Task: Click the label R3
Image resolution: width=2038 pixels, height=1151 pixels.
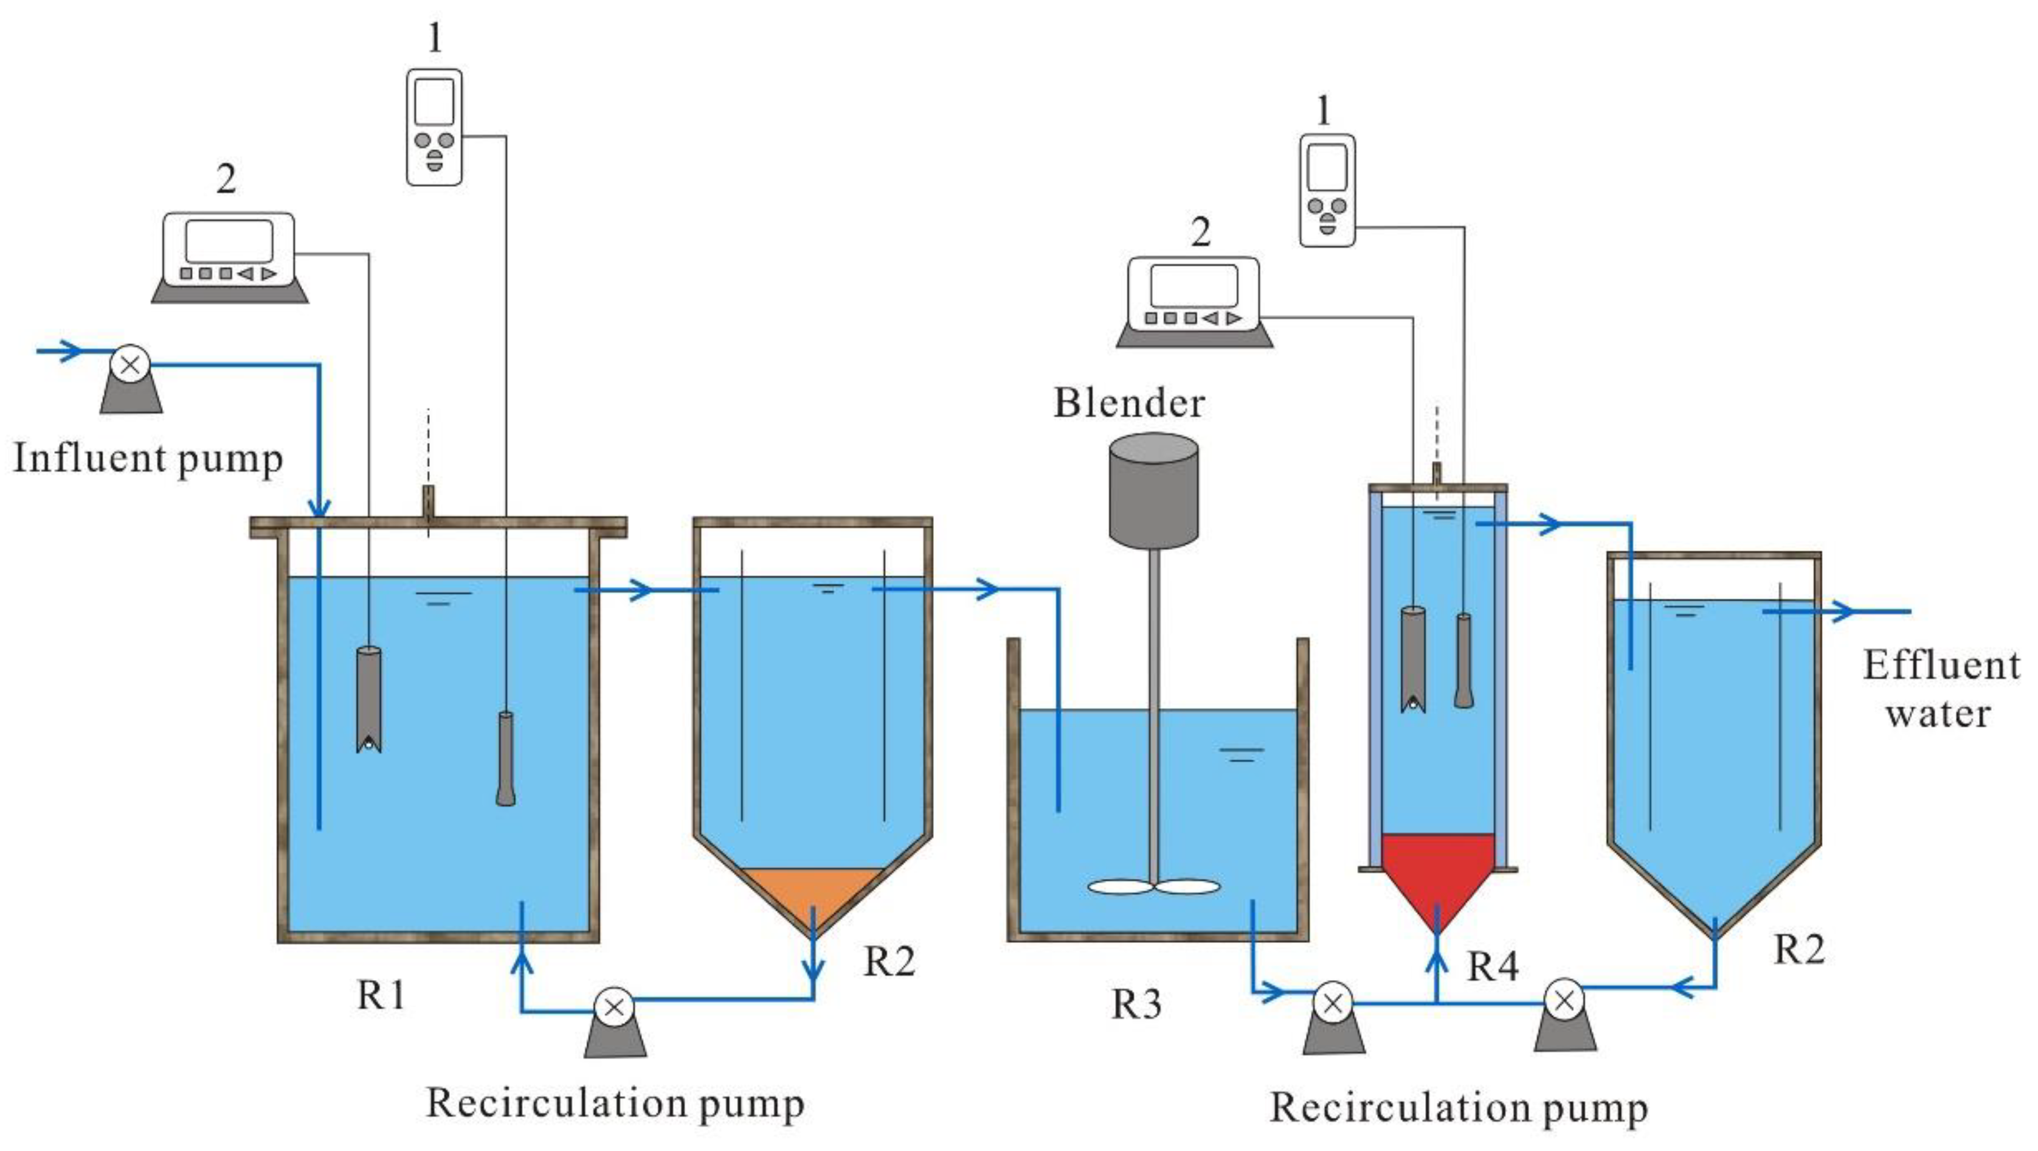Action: pyautogui.click(x=1136, y=1004)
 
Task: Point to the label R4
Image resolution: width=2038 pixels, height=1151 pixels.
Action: pyautogui.click(x=1492, y=967)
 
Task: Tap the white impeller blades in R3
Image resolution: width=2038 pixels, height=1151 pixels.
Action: pyautogui.click(x=1153, y=886)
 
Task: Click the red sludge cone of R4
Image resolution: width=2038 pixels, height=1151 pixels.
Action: pyautogui.click(x=1437, y=871)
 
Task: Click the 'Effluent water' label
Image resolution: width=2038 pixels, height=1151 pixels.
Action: pyautogui.click(x=1941, y=689)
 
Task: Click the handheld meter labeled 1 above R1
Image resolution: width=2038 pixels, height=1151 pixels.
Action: pyautogui.click(x=434, y=127)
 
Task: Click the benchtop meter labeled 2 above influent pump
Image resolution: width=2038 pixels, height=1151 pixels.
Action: pyautogui.click(x=229, y=258)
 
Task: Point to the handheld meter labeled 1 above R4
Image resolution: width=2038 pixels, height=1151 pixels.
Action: pyautogui.click(x=1327, y=190)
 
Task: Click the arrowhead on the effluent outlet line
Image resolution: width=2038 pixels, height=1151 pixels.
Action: pyautogui.click(x=1843, y=611)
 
